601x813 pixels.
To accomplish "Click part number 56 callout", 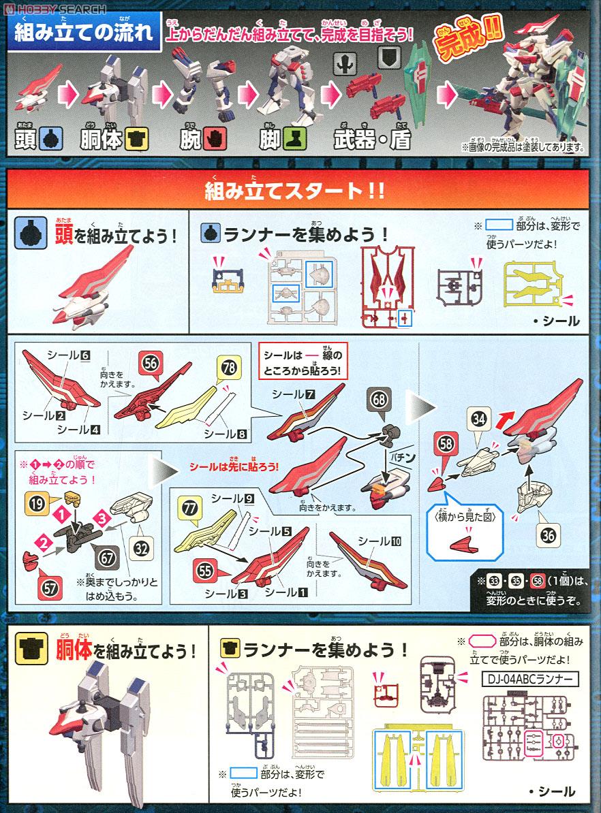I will tap(151, 364).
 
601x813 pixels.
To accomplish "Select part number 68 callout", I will tap(380, 398).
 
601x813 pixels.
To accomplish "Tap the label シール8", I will tap(222, 433).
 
